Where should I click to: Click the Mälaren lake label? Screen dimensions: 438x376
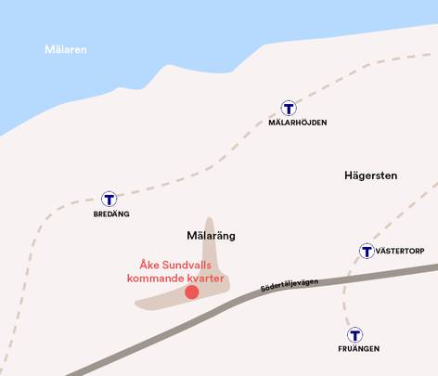66,49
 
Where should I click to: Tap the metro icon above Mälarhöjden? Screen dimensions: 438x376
289,108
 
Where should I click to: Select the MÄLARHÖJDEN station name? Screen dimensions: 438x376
297,123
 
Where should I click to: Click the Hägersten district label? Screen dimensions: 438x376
370,175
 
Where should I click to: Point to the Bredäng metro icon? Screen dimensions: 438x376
109,199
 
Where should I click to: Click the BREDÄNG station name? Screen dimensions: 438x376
110,214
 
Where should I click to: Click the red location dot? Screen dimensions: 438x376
191,292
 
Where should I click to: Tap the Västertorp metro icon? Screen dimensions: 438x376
367,251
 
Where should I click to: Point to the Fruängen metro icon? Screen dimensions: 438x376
354,334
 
